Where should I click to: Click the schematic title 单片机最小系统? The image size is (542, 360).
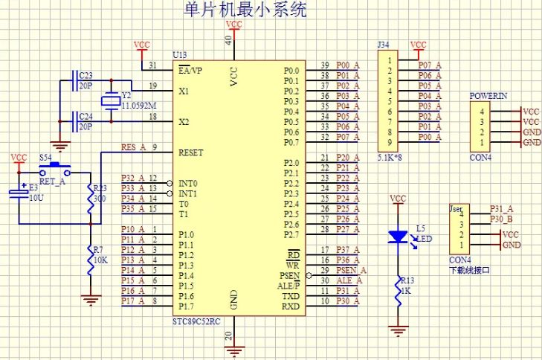[x=245, y=10]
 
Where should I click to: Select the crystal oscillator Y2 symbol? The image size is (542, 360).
[x=111, y=101]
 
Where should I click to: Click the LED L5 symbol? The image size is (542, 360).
[x=399, y=237]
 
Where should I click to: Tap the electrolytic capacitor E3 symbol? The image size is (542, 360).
[x=18, y=194]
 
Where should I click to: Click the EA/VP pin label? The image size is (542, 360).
[x=191, y=70]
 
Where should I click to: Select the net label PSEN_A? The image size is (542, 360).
[x=348, y=270]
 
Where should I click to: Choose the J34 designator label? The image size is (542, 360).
[x=383, y=46]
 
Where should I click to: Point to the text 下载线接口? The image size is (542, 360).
[x=470, y=270]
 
